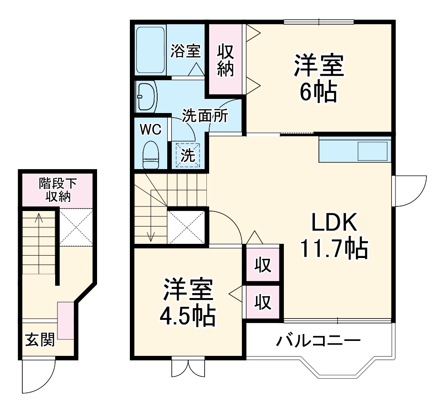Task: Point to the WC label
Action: coord(150,130)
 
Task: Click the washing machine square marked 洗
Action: coord(188,155)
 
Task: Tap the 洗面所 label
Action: coord(205,116)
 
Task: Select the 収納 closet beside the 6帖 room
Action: coord(225,60)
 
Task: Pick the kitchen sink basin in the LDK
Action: coord(373,151)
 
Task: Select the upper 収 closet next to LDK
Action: coord(262,264)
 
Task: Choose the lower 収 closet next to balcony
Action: coord(262,301)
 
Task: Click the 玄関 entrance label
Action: coord(40,339)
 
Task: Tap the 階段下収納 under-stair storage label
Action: coord(58,190)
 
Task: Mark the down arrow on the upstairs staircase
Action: coord(151,236)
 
